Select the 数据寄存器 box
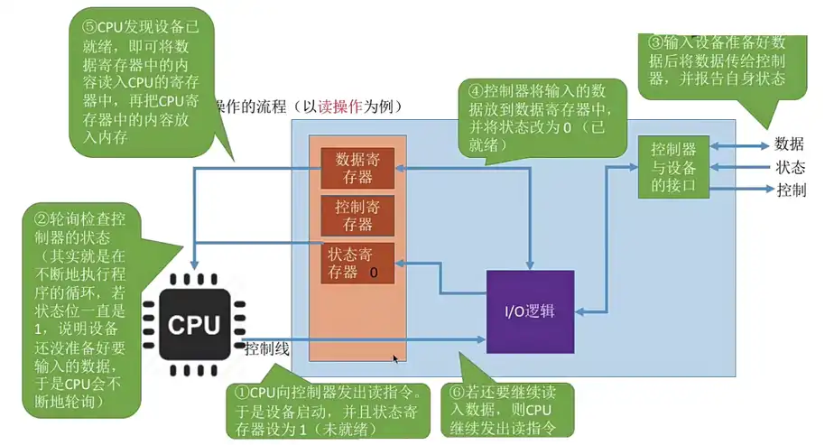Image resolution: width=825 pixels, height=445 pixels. [x=357, y=167]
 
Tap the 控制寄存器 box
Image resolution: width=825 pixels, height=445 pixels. [x=357, y=216]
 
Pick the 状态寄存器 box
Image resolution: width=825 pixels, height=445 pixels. [x=357, y=263]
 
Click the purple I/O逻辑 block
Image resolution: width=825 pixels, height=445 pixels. [x=530, y=311]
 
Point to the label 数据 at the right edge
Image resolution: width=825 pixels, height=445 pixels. [x=790, y=144]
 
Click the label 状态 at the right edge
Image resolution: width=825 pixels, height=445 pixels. [x=790, y=167]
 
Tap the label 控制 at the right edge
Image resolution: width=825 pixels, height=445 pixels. [x=791, y=190]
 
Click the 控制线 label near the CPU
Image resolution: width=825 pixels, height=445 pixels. [x=267, y=348]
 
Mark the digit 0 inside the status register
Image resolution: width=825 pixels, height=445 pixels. [x=373, y=272]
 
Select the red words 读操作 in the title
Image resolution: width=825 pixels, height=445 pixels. [x=345, y=107]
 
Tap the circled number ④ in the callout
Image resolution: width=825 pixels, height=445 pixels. [x=474, y=90]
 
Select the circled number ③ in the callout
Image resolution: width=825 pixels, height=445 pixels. [x=656, y=42]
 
